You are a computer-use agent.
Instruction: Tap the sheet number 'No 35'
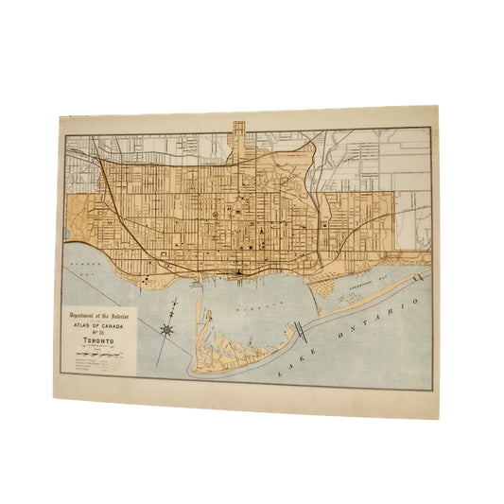click(98, 333)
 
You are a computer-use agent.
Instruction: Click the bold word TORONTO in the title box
click(97, 342)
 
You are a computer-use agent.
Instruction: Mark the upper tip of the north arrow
click(177, 302)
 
